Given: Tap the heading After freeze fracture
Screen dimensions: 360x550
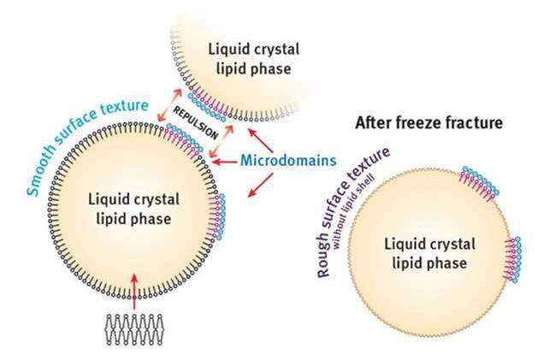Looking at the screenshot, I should pos(429,123).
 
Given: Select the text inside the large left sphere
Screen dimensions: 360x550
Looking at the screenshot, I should pos(135,210).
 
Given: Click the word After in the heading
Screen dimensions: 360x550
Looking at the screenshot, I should pos(372,123).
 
